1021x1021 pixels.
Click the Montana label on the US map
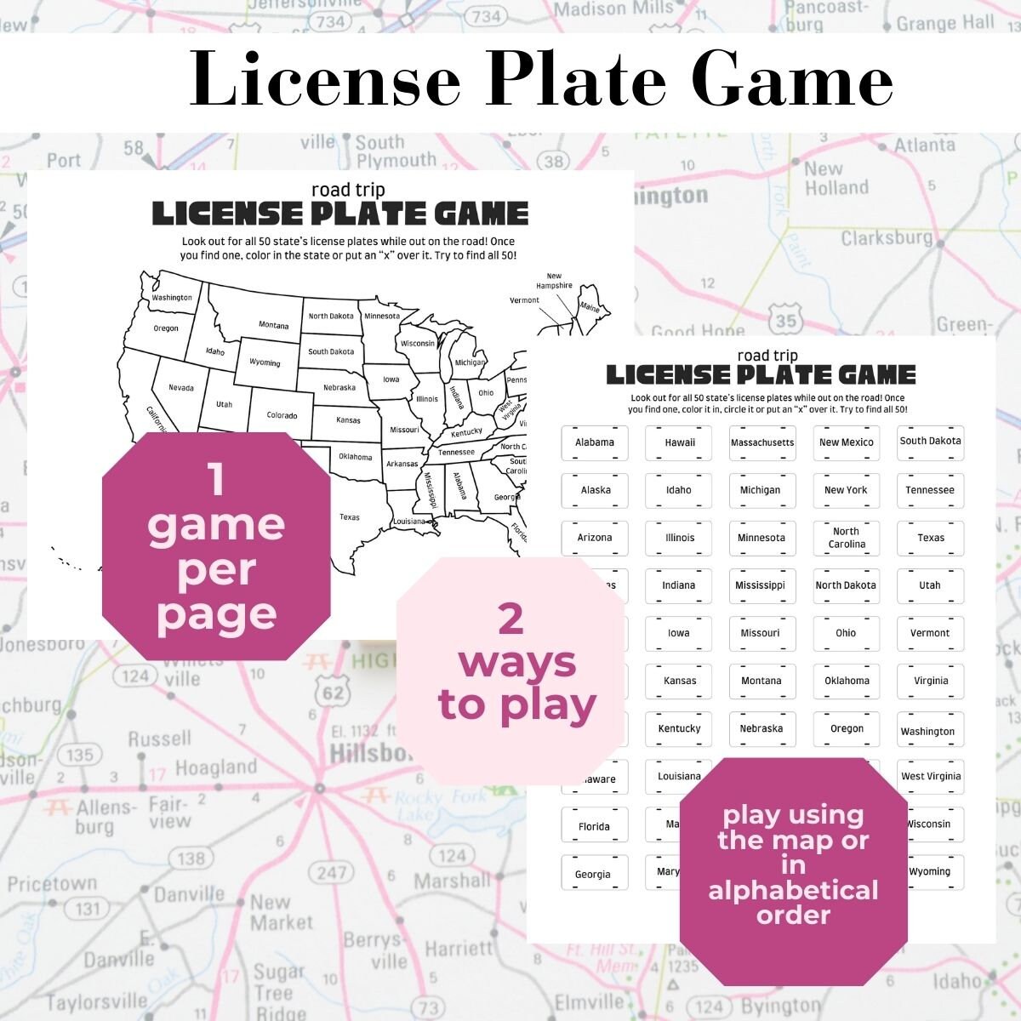pos(273,325)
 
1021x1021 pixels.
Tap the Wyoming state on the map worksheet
pos(265,362)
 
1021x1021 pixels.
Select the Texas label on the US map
pos(349,516)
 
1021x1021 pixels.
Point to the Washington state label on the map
pos(172,298)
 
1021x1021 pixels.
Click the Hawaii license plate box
pos(679,442)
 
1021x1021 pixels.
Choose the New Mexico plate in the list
pos(846,442)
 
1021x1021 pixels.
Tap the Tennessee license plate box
pos(929,490)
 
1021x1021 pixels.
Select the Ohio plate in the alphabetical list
pos(846,633)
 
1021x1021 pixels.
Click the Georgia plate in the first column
pos(593,874)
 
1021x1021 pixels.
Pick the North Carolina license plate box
pos(846,538)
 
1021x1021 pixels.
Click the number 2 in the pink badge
pos(510,618)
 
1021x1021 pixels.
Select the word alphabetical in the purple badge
pos(793,891)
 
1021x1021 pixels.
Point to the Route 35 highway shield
pos(786,321)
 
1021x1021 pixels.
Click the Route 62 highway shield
pos(333,692)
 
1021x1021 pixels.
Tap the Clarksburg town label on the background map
pos(887,237)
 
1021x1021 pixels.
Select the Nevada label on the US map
pos(180,388)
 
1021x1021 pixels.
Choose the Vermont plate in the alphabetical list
pos(929,633)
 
